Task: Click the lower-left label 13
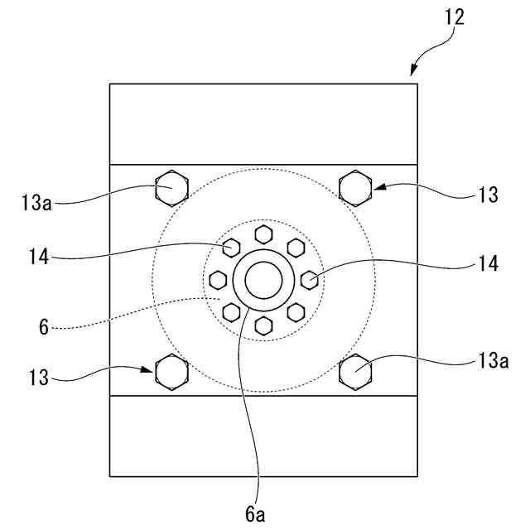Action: [x=40, y=379]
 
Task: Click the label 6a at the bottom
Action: [x=256, y=513]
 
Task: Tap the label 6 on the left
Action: [x=43, y=326]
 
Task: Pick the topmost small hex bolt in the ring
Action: [x=263, y=233]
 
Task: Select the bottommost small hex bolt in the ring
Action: [x=263, y=324]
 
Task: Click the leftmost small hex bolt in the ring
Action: [x=219, y=278]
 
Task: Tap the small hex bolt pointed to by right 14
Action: [x=309, y=278]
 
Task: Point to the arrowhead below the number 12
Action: [x=415, y=72]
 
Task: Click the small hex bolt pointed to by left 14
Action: [x=232, y=246]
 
